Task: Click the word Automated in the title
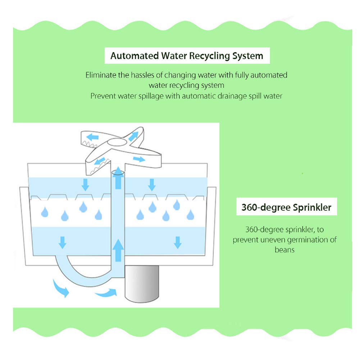pos(135,56)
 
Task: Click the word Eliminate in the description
pos(101,75)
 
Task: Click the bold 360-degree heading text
pos(266,208)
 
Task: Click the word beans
pos(284,250)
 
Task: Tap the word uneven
pos(273,240)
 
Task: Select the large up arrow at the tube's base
pos(118,250)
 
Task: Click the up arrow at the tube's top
pos(118,178)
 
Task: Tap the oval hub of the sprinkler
pos(117,142)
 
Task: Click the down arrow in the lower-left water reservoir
pos(63,242)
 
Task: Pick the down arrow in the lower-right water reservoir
pos(178,242)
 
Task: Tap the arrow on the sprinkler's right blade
pos(139,159)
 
